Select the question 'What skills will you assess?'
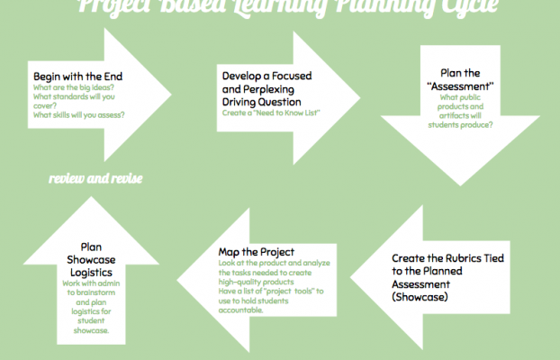[79, 114]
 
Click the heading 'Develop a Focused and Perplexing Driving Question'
[271, 89]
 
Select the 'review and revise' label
[96, 177]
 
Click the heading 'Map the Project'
[256, 251]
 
